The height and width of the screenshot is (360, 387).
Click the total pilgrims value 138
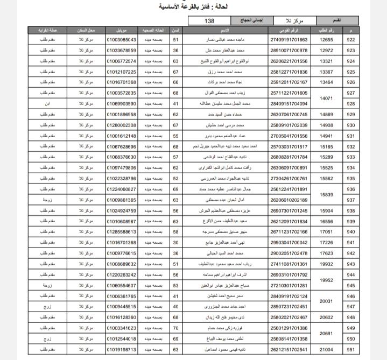click(x=209, y=20)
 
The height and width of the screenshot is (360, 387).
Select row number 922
click(x=351, y=40)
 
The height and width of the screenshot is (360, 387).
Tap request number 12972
click(x=327, y=51)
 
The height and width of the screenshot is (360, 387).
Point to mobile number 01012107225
click(x=122, y=72)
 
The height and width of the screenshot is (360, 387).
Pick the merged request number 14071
click(x=327, y=98)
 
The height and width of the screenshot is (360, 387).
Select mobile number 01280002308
click(x=122, y=125)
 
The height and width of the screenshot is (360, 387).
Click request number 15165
click(x=327, y=146)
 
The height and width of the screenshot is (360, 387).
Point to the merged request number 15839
click(x=327, y=194)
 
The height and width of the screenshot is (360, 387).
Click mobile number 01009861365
click(x=122, y=200)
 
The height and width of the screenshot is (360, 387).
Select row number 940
click(x=351, y=232)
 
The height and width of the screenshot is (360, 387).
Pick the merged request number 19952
click(x=327, y=280)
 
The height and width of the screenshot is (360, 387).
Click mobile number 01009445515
click(x=122, y=307)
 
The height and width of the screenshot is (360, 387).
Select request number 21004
click(x=327, y=349)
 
